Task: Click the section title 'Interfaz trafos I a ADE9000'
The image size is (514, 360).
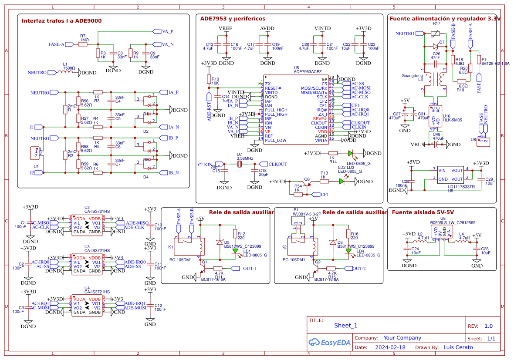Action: coord(62,21)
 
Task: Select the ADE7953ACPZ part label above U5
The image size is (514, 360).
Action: coord(308,72)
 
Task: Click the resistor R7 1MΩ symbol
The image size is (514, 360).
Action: coord(83,44)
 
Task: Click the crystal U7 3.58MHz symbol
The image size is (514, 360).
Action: coord(240,164)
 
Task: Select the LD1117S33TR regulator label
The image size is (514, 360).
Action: coord(461,186)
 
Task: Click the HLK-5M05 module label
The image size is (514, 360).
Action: coord(452,120)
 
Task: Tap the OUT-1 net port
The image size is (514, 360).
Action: coord(249,269)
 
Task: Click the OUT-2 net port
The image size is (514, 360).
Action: coord(359,269)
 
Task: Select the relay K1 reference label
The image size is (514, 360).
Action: coord(171,247)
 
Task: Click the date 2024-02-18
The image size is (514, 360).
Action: coord(390,347)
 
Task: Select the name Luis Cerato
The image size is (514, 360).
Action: coord(458,347)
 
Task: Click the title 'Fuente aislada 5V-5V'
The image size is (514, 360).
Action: coord(423,212)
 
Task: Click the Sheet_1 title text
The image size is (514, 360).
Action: coord(345,326)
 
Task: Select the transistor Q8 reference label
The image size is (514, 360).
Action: coord(307,179)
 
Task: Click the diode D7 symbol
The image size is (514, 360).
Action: coord(435,46)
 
